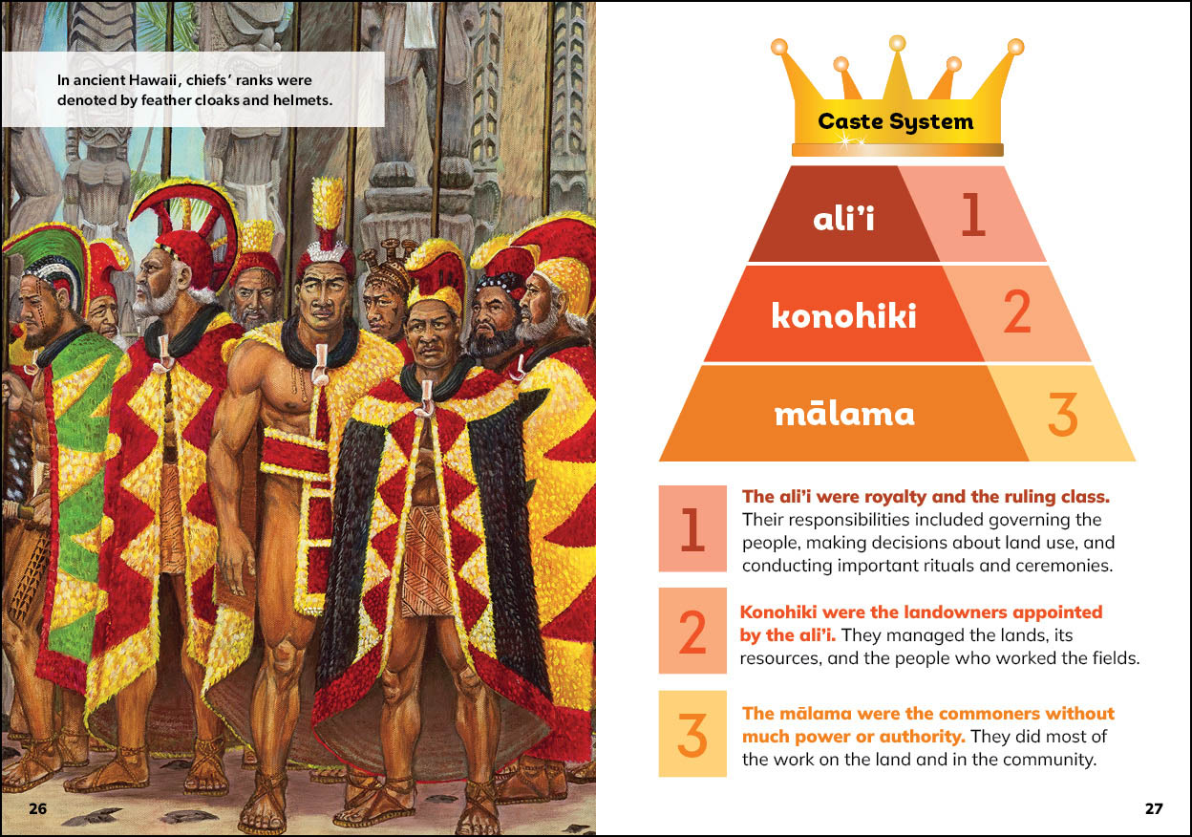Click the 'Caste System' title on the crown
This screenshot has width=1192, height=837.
coord(896,121)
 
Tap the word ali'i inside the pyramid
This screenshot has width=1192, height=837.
coord(843,217)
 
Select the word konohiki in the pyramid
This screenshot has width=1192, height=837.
coord(844,315)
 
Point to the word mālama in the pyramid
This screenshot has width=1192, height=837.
coord(844,413)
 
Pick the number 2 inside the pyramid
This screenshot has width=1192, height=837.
coord(1017,311)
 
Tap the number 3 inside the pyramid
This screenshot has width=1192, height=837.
coord(1063,414)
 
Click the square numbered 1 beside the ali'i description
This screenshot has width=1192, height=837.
coord(692,528)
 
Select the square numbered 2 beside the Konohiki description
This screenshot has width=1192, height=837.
coord(692,631)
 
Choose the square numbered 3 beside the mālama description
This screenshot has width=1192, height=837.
coord(692,734)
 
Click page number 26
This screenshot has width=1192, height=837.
coord(37,808)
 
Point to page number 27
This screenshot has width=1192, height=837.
coord(1154,808)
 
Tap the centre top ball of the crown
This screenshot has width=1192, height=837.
coord(898,43)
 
